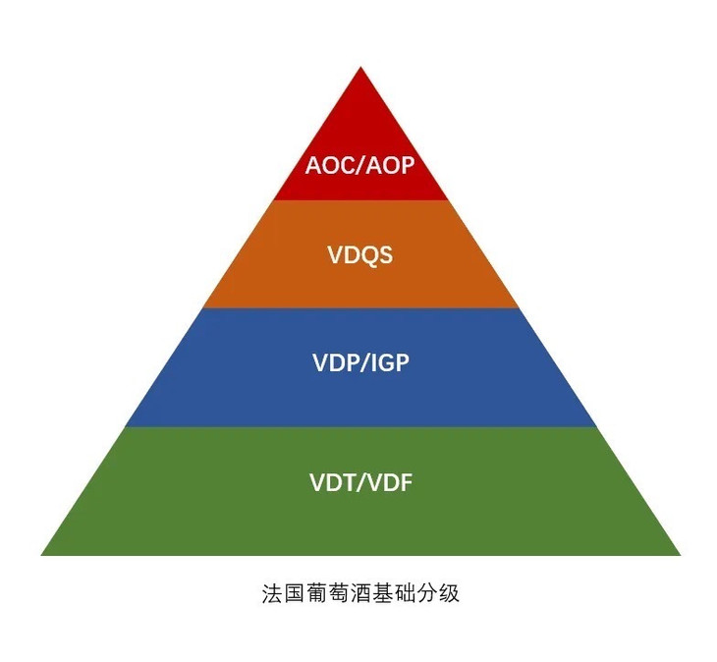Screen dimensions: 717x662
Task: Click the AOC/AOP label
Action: coord(359,164)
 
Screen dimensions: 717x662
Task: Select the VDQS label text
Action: coord(359,255)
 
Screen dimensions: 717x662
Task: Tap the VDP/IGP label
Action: coord(359,362)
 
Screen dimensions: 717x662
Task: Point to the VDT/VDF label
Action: coord(359,483)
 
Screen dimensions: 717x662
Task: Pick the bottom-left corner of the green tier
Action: coord(43,554)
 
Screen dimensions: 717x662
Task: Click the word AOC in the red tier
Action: coord(328,164)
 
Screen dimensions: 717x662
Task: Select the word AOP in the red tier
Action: coord(392,164)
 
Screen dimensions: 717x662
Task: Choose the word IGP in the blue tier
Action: coord(389,362)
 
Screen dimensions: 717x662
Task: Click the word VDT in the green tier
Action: coord(330,483)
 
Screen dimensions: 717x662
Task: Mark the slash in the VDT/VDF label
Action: coord(359,483)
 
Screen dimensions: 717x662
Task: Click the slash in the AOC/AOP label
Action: coord(359,164)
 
